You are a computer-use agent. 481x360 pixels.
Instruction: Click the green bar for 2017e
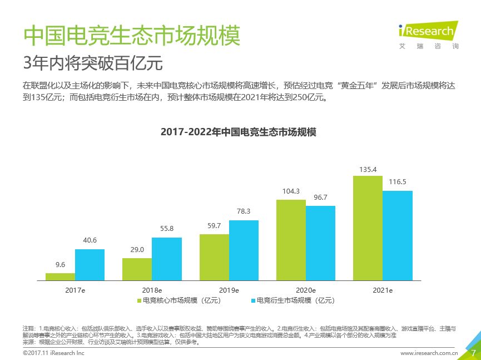point(60,276)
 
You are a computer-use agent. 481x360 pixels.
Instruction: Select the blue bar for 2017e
point(90,264)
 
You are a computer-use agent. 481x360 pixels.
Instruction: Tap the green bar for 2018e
point(137,268)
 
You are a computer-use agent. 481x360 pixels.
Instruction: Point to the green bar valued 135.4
point(368,227)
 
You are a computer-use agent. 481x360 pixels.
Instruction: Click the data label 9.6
point(60,265)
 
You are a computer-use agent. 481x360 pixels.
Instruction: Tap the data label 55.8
point(166,229)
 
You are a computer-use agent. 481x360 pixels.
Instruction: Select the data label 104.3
point(291,191)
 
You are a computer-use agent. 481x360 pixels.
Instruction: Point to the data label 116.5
point(397,182)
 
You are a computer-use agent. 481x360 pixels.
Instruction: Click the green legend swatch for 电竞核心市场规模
point(140,301)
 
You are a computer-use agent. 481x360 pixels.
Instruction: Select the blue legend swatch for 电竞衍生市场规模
point(254,301)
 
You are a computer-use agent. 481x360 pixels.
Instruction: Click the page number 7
point(473,352)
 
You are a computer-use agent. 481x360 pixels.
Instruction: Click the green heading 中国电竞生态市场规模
point(132,37)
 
